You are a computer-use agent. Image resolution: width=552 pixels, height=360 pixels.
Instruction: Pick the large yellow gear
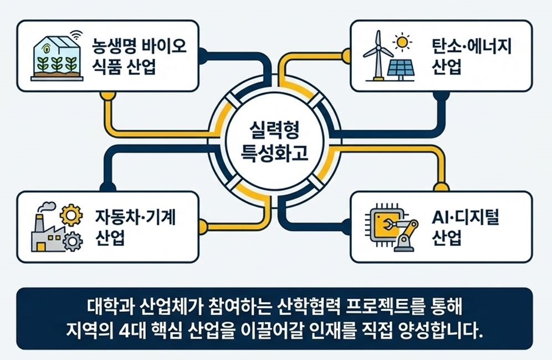click(x=70, y=215)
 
